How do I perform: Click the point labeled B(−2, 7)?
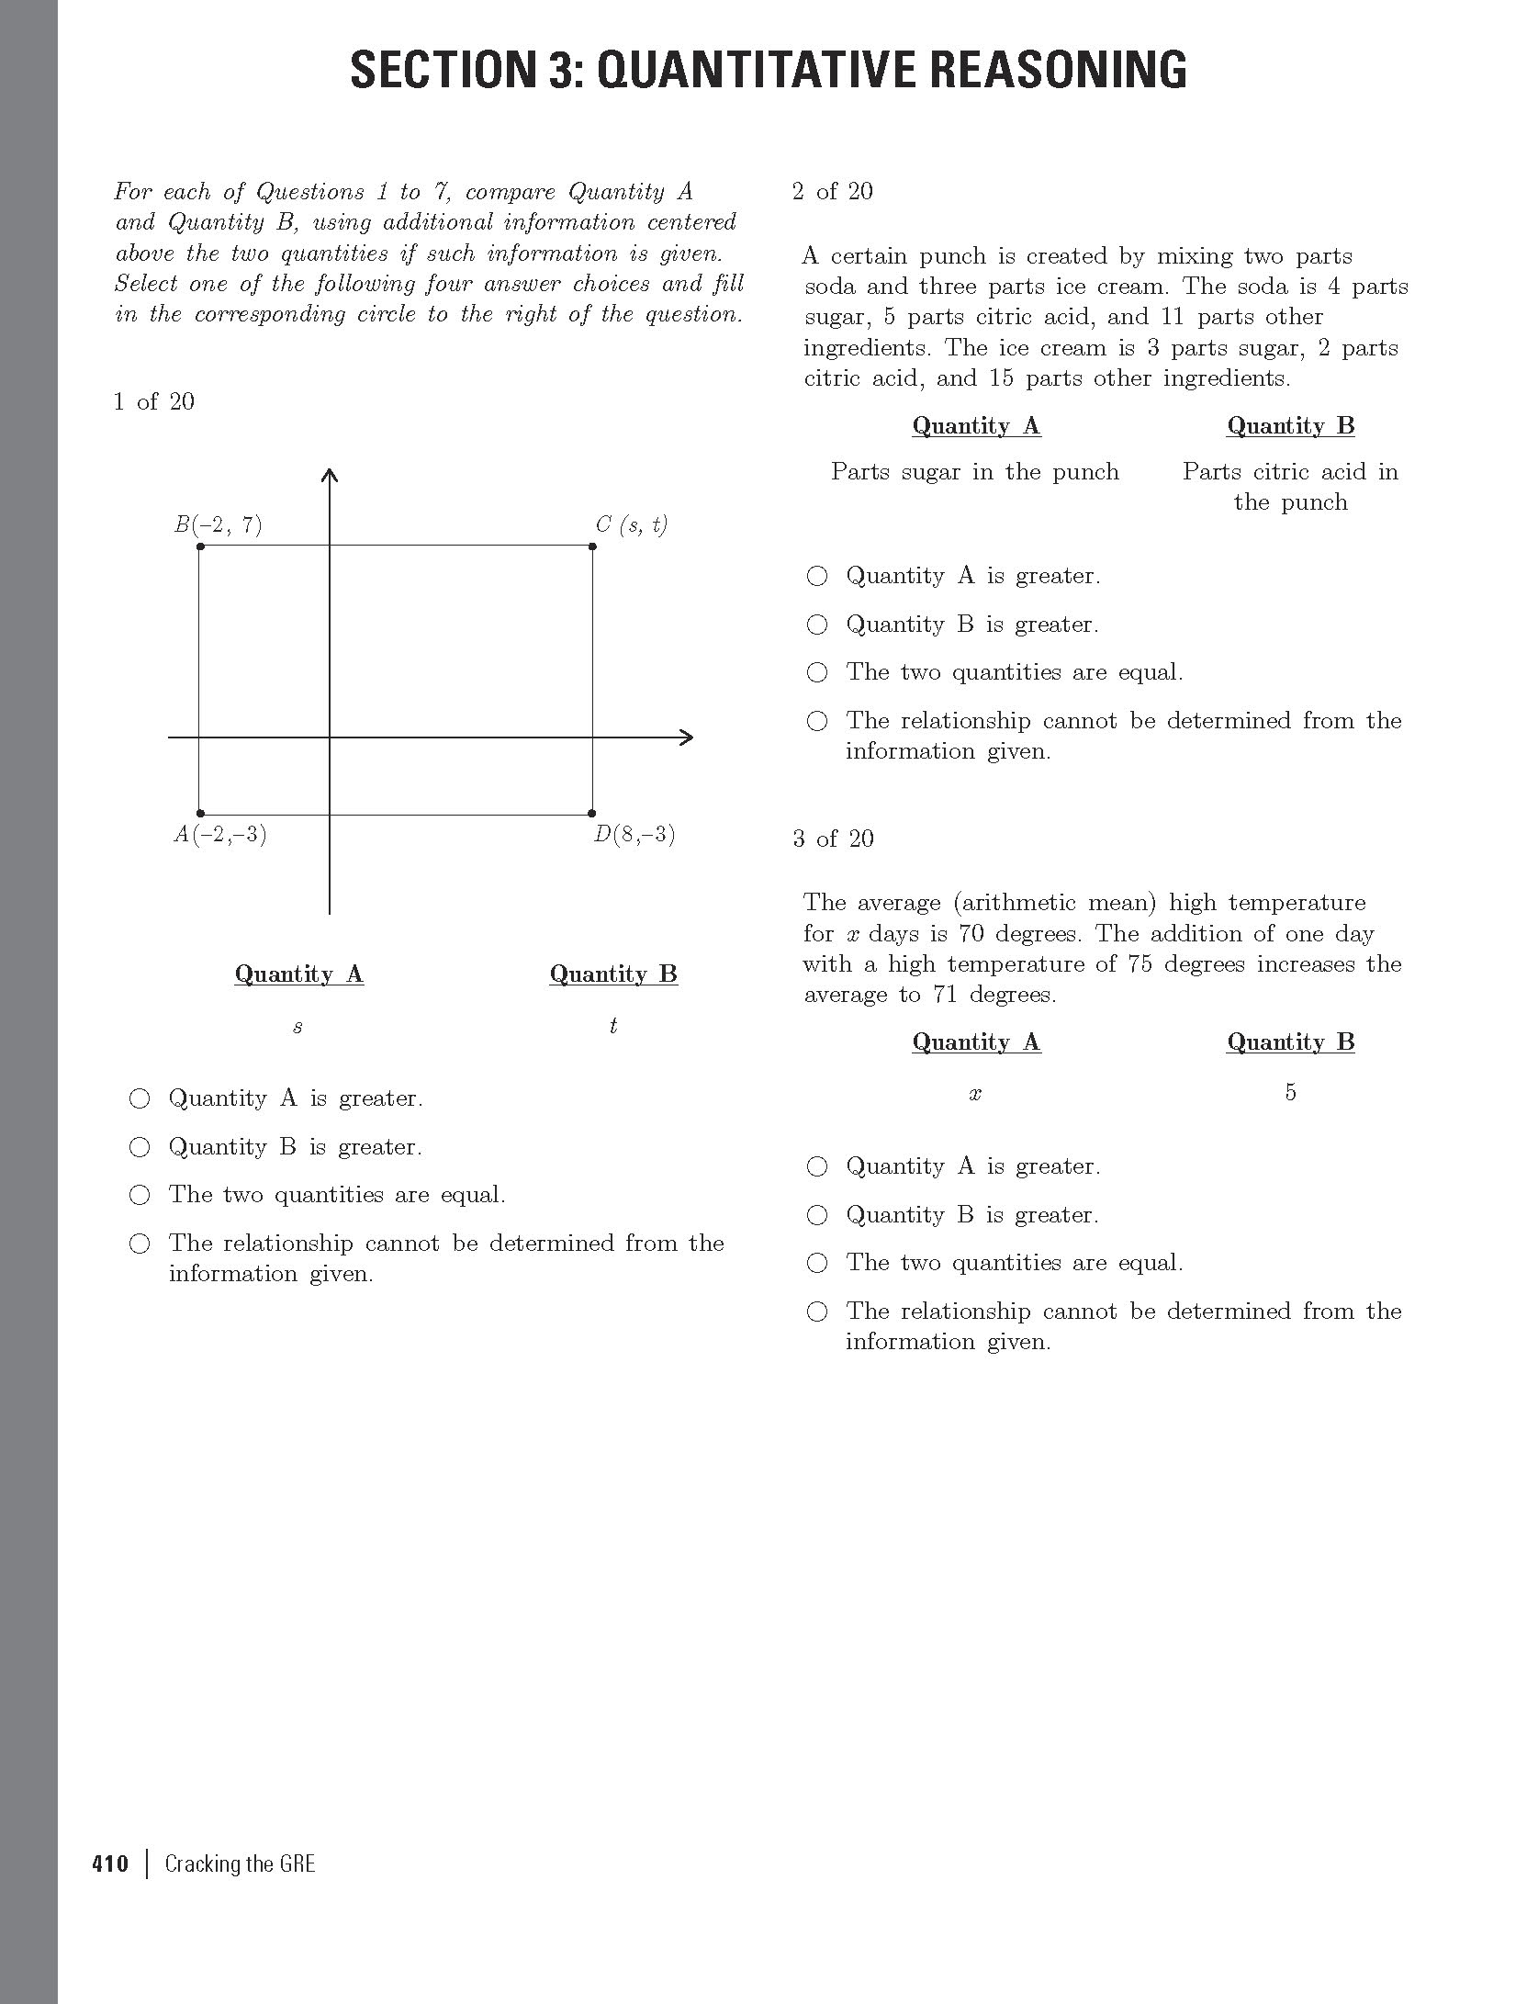(200, 546)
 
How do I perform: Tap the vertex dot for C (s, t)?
(592, 546)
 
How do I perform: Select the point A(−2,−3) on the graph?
(200, 814)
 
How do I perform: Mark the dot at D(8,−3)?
(592, 814)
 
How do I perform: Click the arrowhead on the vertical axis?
(330, 475)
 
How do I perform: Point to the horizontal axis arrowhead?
(686, 737)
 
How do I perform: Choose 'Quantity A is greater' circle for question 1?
(140, 1098)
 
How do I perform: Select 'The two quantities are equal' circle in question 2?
(816, 672)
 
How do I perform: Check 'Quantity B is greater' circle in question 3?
(816, 1215)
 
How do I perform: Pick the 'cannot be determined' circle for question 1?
(140, 1244)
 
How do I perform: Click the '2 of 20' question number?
(833, 192)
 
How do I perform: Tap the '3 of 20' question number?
(833, 839)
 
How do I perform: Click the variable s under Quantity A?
(297, 1028)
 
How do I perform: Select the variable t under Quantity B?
(612, 1026)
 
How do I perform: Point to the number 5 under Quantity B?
(1290, 1092)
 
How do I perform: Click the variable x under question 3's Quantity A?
(975, 1094)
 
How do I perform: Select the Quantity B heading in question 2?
(1290, 426)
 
